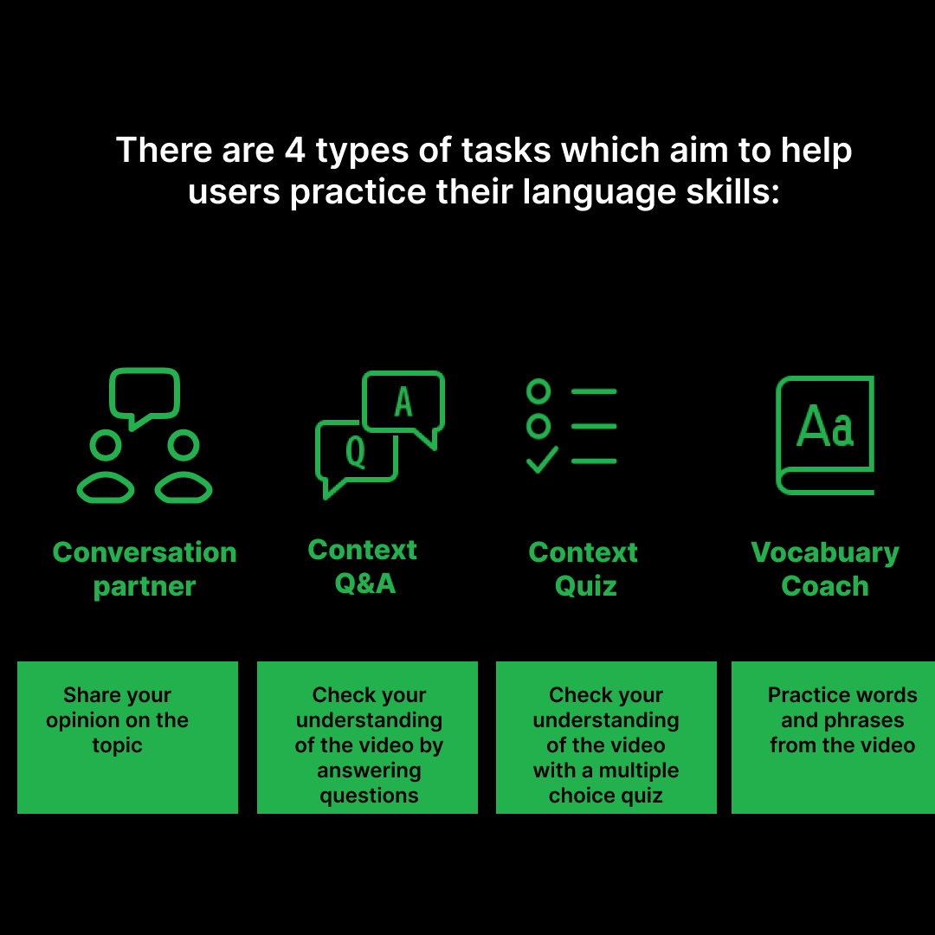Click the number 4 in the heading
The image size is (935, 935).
(293, 150)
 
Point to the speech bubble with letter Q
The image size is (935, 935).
(355, 452)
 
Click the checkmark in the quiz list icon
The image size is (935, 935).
(542, 460)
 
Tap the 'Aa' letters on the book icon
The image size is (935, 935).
(825, 426)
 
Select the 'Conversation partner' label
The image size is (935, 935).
(145, 569)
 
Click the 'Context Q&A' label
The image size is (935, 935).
(364, 566)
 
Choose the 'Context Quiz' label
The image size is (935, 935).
(584, 569)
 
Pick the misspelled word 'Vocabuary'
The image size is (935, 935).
(825, 552)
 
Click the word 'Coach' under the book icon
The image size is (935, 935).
(825, 586)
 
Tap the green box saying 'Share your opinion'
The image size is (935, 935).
(127, 737)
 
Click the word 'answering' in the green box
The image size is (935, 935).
(369, 771)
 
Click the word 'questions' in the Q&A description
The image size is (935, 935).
(369, 796)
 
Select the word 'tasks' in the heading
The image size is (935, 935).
(506, 150)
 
